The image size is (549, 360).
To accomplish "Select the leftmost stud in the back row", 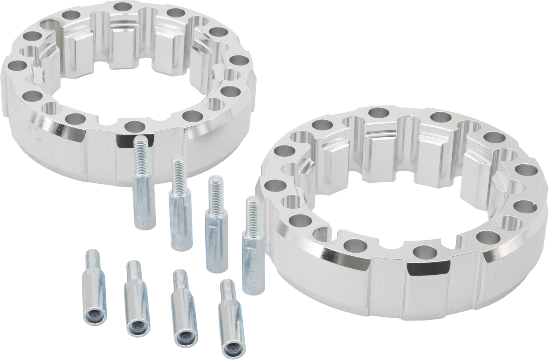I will pyautogui.click(x=143, y=190).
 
